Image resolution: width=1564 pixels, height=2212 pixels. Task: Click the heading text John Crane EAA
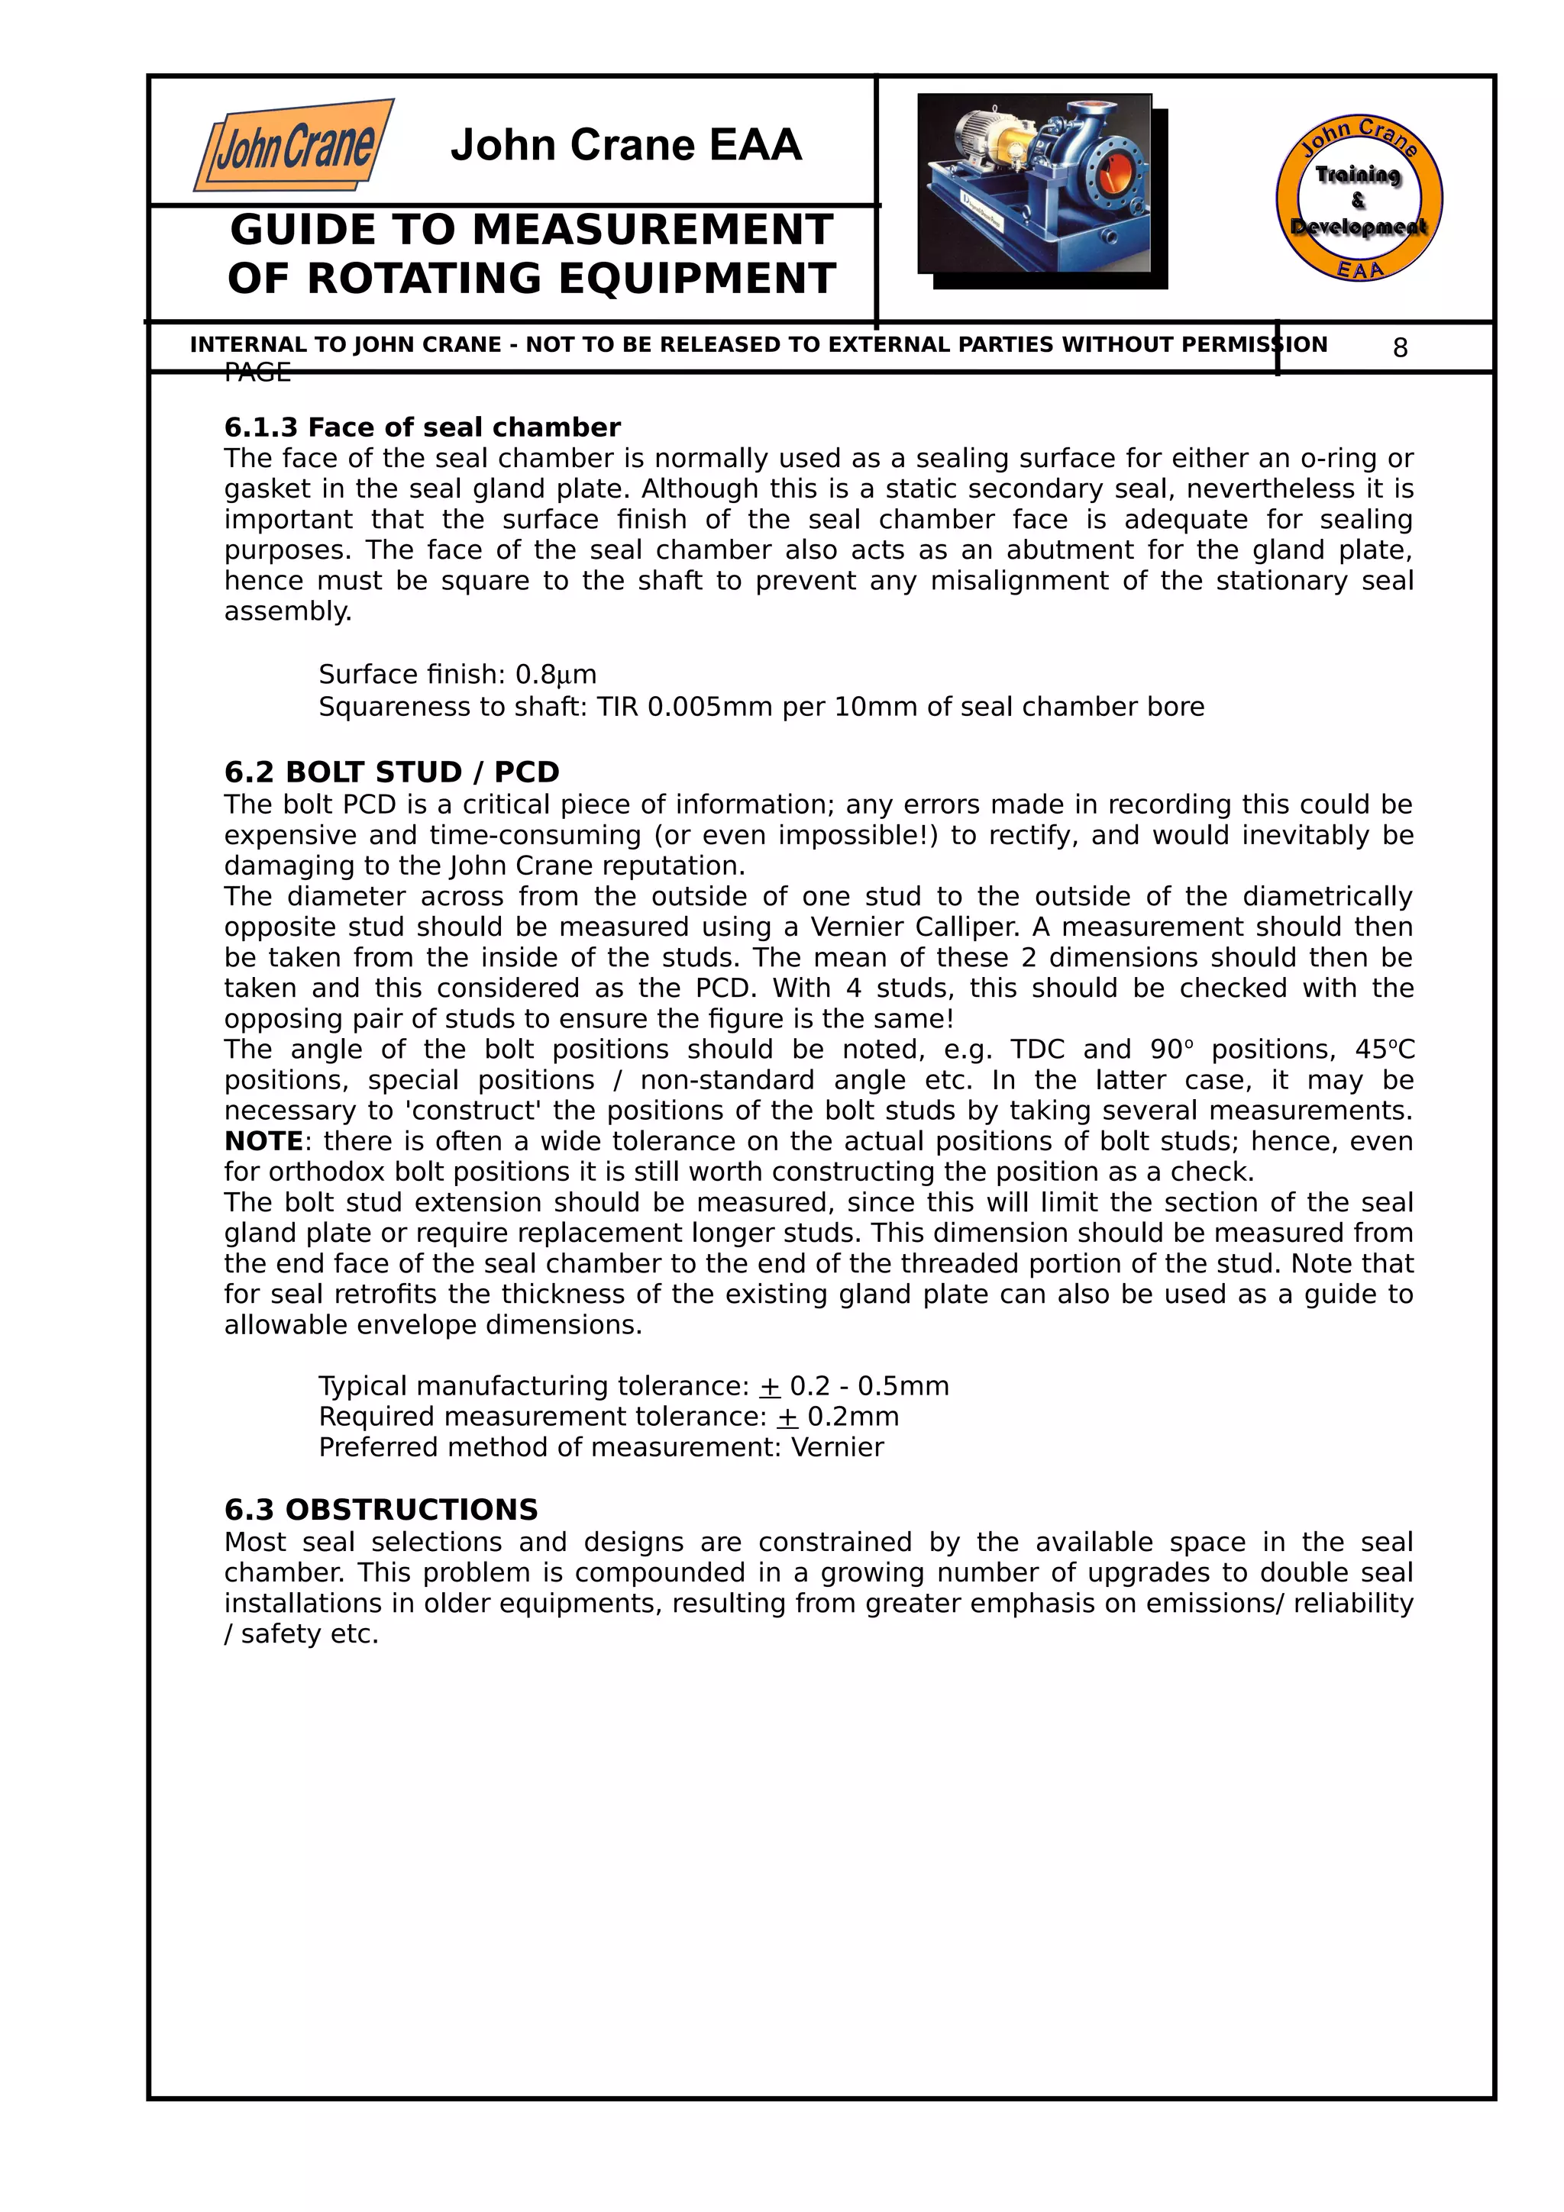[625, 146]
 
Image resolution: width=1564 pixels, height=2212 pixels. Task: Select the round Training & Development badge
[1358, 199]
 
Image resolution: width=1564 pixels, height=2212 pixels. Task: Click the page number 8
[1400, 348]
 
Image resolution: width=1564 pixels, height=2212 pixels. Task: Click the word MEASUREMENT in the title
[652, 231]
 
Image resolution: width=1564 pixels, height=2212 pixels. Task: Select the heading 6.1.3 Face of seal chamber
[422, 427]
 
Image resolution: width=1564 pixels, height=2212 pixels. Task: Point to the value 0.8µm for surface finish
[556, 675]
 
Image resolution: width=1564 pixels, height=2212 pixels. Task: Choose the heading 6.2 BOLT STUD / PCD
[391, 772]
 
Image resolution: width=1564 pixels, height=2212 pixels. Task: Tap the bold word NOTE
[263, 1142]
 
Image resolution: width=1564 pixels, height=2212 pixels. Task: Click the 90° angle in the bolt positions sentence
[1171, 1050]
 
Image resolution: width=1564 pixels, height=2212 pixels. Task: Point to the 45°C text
[1384, 1050]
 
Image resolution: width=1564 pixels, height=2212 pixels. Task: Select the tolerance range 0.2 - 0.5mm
[868, 1386]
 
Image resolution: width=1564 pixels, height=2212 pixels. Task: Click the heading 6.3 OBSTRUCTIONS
[380, 1510]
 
